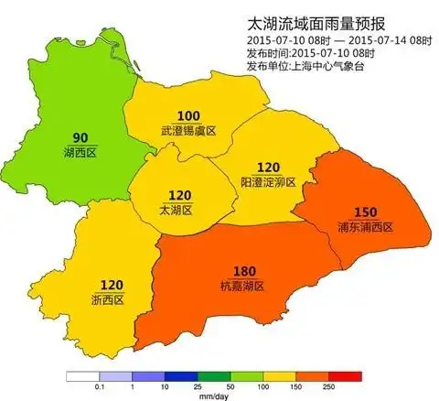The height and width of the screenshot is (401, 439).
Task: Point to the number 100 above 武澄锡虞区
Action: tap(188, 115)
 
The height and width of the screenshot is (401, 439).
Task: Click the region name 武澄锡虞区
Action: tap(188, 131)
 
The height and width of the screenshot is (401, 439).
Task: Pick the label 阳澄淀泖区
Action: tap(268, 182)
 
